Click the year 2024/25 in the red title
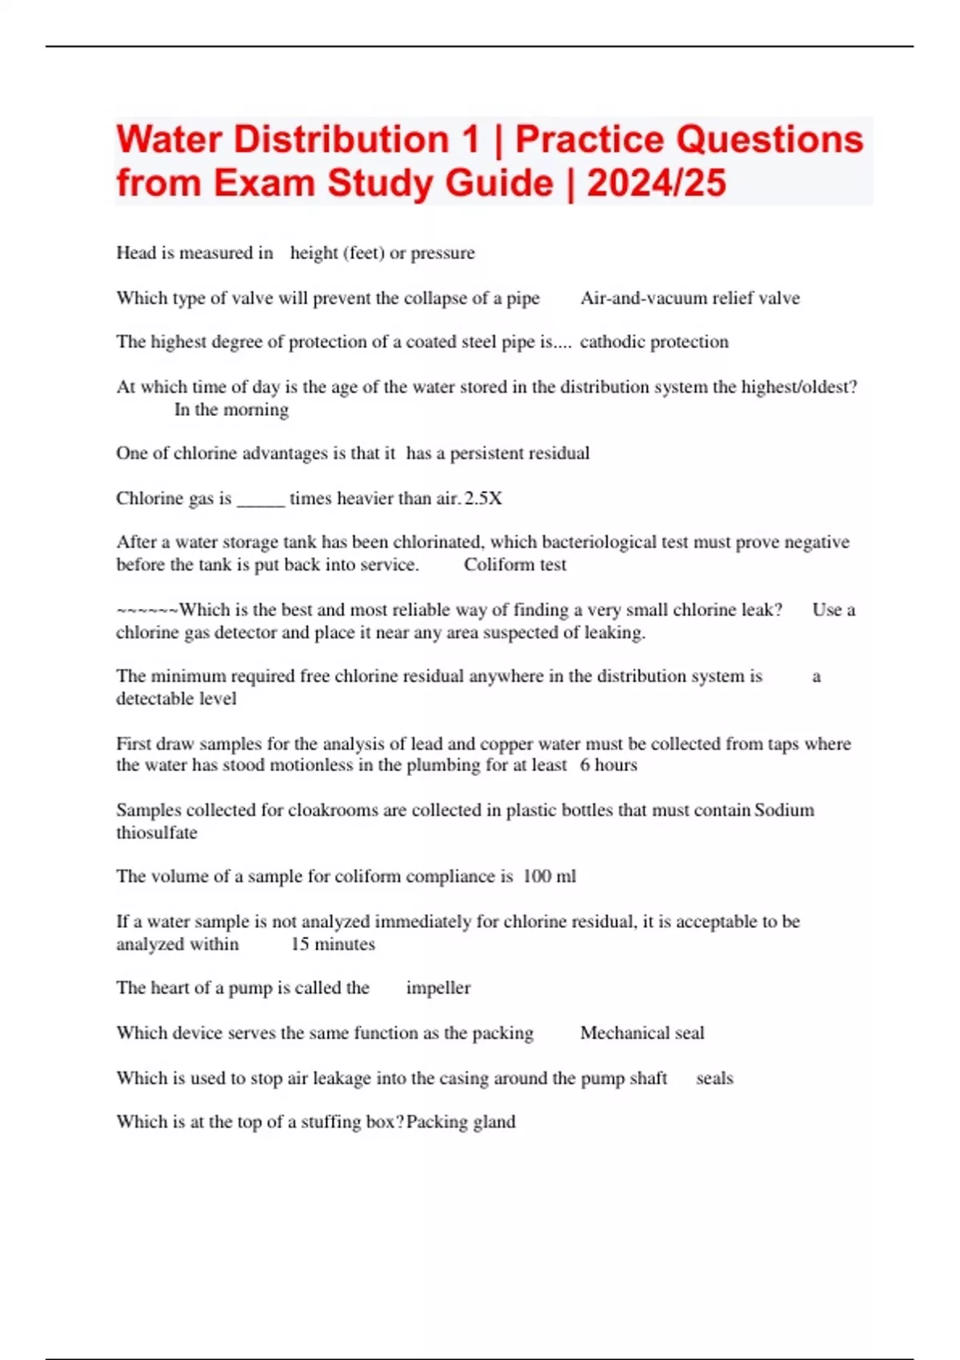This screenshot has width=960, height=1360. (656, 182)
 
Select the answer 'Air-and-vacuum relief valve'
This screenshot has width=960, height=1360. (690, 298)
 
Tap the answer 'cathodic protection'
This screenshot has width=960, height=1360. (654, 342)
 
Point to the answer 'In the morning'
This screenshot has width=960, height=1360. (231, 410)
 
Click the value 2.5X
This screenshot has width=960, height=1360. (483, 498)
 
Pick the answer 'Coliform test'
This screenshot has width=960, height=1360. (514, 565)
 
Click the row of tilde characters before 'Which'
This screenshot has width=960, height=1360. (147, 610)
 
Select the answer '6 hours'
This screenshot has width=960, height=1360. (608, 765)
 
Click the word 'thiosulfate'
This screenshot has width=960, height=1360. (157, 833)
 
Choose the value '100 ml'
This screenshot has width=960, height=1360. (549, 876)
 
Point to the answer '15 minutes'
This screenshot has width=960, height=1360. (333, 944)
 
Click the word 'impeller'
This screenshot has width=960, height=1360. (438, 988)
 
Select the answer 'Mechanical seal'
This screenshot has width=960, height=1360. (642, 1033)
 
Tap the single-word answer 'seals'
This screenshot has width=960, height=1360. (714, 1078)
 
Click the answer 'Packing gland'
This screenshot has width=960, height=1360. (461, 1122)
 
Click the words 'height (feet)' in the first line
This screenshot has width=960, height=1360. (336, 253)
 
